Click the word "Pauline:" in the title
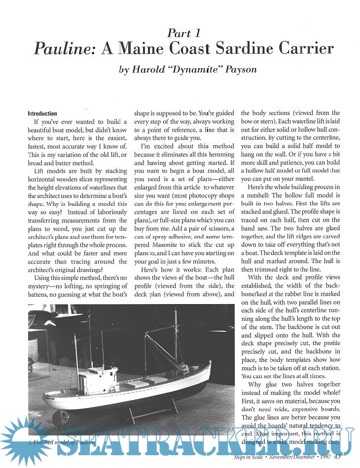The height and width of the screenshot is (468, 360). (65, 49)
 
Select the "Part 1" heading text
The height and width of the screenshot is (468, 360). (183, 33)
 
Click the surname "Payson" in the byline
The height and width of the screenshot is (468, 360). (241, 70)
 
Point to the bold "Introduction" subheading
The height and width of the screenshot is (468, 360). (42, 113)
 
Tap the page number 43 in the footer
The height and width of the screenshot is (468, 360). (337, 456)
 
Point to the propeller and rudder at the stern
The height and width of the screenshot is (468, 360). (59, 417)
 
